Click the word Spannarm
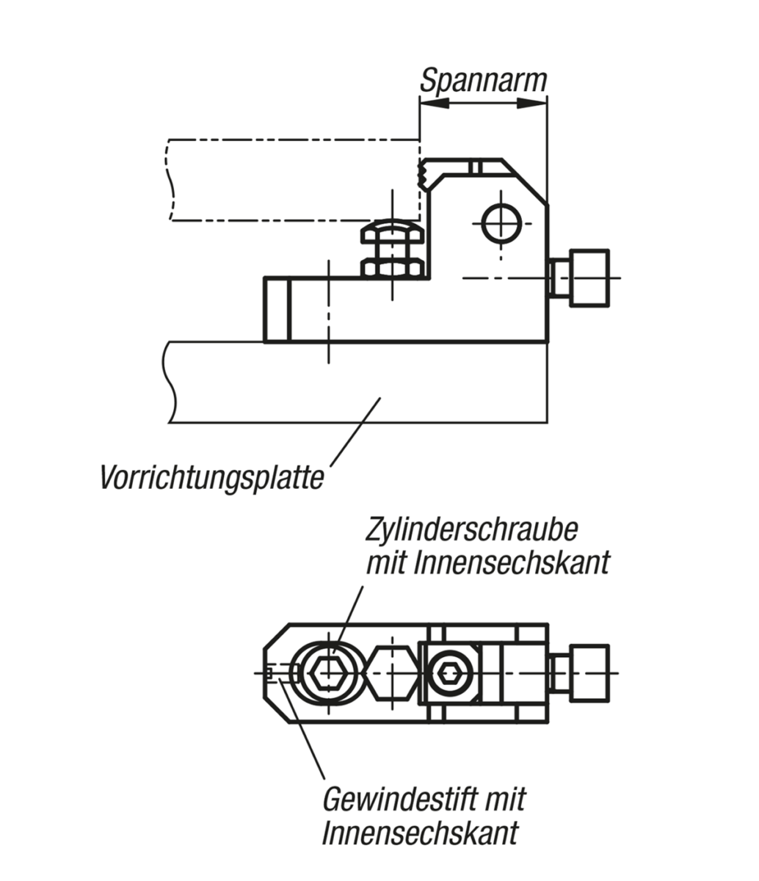coord(483,80)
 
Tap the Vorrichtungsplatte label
coord(211,478)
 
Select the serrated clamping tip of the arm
coord(424,175)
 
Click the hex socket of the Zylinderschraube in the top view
coord(328,672)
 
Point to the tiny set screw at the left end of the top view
coord(272,672)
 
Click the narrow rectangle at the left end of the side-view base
coord(277,309)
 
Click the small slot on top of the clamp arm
coord(476,167)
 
